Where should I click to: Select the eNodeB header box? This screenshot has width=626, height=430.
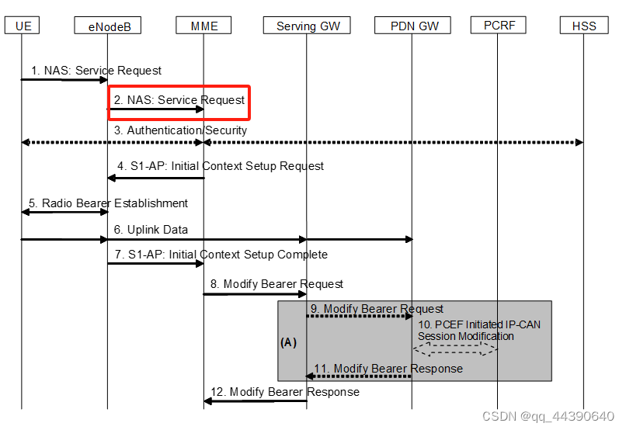pos(108,26)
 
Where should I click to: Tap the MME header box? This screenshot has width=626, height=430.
pos(204,26)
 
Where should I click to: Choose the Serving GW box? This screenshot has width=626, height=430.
pos(308,26)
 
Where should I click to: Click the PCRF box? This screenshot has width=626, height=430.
pos(498,25)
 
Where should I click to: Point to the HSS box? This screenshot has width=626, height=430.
pos(584,26)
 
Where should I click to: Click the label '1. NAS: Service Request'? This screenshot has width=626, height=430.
pos(96,70)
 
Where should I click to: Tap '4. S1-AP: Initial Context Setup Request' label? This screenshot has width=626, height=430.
pos(221,165)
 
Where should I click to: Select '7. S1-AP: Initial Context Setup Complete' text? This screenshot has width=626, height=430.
pos(221,255)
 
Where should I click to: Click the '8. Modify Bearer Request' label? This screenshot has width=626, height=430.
pos(277,284)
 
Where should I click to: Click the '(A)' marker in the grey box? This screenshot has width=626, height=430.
pos(288,342)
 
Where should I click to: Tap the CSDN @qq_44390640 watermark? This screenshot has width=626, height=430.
pos(548,417)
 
